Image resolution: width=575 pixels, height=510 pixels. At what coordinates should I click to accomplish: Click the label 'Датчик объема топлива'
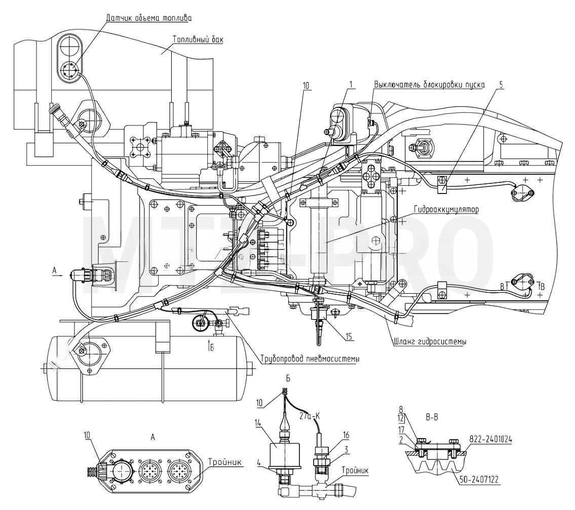pyautogui.click(x=148, y=18)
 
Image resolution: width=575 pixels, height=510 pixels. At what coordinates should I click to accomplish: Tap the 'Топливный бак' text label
pyautogui.click(x=198, y=39)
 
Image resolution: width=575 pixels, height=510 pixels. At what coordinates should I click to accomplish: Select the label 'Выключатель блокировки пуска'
pyautogui.click(x=430, y=85)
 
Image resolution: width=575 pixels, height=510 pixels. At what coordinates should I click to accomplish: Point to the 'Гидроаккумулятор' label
pyautogui.click(x=446, y=210)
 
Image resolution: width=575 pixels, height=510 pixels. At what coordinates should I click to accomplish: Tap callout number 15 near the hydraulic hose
pyautogui.click(x=351, y=336)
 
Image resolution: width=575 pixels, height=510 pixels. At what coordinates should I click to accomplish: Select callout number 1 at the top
pyautogui.click(x=351, y=85)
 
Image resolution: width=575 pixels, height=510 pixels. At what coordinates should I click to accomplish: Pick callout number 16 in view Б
pyautogui.click(x=346, y=435)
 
